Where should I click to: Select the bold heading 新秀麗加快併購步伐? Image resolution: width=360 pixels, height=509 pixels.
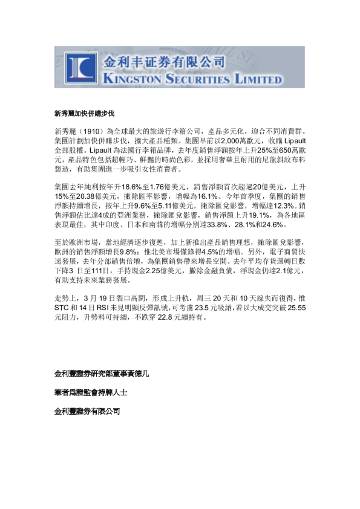(x=84, y=114)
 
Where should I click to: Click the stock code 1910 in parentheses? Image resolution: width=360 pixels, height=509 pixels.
(x=90, y=132)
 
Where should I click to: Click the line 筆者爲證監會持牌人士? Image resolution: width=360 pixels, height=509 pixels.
(x=91, y=392)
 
